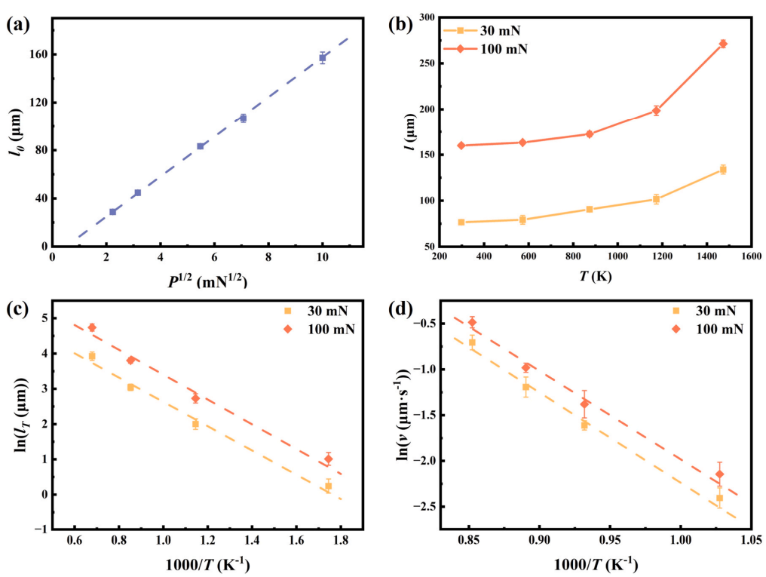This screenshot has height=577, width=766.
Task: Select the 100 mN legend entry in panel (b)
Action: pyautogui.click(x=491, y=49)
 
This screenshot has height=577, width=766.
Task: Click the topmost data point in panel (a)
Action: pyautogui.click(x=323, y=57)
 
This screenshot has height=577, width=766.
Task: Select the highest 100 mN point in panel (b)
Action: pyautogui.click(x=722, y=44)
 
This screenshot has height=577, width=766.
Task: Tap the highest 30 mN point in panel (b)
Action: pyautogui.click(x=722, y=170)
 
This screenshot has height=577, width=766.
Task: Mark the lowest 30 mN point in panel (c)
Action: pyautogui.click(x=328, y=486)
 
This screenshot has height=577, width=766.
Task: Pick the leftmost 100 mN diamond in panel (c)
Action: pyautogui.click(x=92, y=327)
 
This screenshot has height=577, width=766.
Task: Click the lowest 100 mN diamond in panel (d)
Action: pyautogui.click(x=719, y=474)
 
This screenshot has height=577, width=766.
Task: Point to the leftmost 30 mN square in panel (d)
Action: pyautogui.click(x=472, y=342)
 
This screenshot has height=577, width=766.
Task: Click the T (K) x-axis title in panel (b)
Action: pyautogui.click(x=590, y=277)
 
